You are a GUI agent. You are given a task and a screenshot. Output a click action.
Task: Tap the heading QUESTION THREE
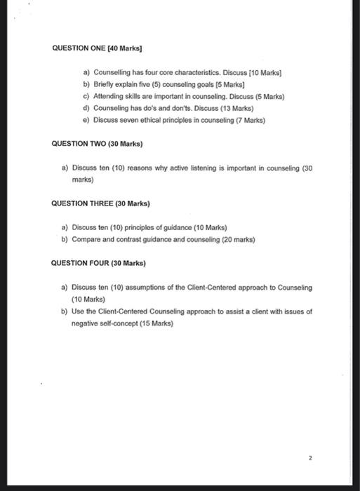(x=82, y=203)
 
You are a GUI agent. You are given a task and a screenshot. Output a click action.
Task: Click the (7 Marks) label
(x=248, y=120)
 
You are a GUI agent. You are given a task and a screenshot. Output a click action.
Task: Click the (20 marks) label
(x=236, y=239)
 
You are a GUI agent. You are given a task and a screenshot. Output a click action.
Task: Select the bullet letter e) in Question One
(x=86, y=120)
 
